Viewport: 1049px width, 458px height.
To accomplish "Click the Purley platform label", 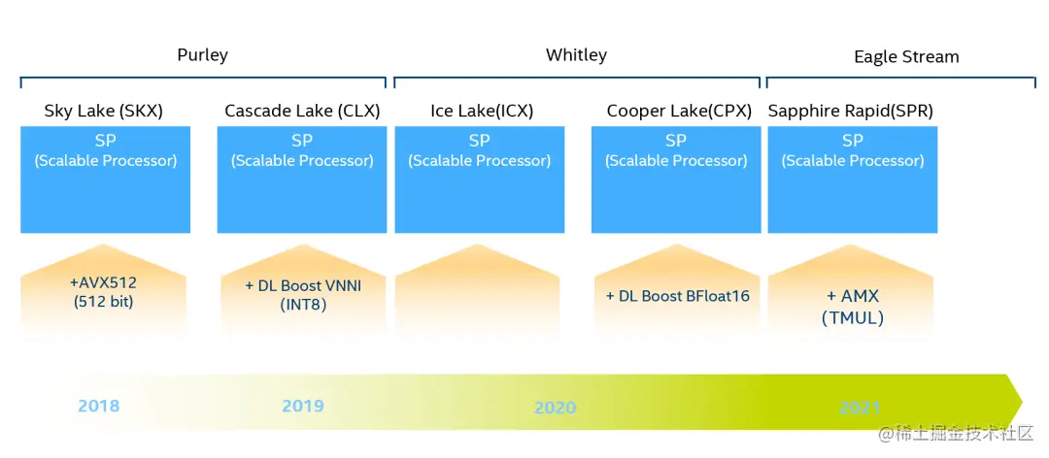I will [202, 54].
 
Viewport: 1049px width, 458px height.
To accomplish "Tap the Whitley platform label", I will [576, 54].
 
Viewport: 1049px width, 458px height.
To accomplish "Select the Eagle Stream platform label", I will [906, 57].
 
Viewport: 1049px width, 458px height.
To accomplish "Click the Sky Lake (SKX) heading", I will [104, 111].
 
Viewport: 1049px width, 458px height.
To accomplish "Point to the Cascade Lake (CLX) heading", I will [302, 111].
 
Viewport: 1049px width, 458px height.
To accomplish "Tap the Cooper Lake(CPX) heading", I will [679, 111].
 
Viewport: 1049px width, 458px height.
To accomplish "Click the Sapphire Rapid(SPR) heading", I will [850, 111].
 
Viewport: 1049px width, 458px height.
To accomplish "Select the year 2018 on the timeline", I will [99, 406].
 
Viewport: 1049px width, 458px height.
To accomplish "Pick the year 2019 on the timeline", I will [303, 406].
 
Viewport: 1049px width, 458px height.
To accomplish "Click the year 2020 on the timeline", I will [555, 408].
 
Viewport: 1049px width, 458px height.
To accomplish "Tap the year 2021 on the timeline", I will [859, 408].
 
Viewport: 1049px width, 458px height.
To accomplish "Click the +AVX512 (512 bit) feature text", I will [103, 291].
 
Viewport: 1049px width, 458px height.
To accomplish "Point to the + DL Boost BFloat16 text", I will [678, 295].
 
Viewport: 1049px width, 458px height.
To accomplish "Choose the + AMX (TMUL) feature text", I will [852, 306].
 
